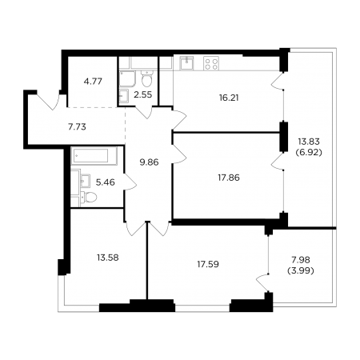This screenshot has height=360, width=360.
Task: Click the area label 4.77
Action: pyautogui.click(x=93, y=82)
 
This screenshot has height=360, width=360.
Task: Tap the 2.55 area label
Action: pyautogui.click(x=143, y=94)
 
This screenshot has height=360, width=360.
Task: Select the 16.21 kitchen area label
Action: pyautogui.click(x=229, y=98)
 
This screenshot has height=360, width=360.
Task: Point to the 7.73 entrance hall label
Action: pyautogui.click(x=77, y=127)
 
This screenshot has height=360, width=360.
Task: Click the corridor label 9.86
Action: pyautogui.click(x=149, y=162)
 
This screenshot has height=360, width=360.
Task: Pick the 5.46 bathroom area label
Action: pyautogui.click(x=106, y=182)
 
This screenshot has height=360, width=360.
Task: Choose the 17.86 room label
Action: pyautogui.click(x=229, y=178)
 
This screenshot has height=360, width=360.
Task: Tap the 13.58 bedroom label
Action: pyautogui.click(x=108, y=258)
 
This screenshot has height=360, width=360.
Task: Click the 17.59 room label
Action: pyautogui.click(x=208, y=264)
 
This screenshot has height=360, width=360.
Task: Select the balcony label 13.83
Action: pyautogui.click(x=309, y=142)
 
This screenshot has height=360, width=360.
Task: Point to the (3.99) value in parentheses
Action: pyautogui.click(x=301, y=271)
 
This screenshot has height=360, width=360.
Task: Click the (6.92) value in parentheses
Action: pyautogui.click(x=309, y=153)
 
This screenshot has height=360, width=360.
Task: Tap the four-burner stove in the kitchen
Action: pyautogui.click(x=211, y=63)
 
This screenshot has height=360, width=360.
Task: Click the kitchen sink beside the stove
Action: pyautogui.click(x=186, y=63)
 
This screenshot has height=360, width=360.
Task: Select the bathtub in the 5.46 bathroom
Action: pyautogui.click(x=94, y=156)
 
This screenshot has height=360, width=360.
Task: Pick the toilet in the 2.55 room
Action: pyautogui.click(x=146, y=78)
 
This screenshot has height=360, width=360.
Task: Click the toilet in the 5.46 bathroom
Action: pyautogui.click(x=89, y=198)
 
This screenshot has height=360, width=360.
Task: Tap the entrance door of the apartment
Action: pyautogui.click(x=48, y=99)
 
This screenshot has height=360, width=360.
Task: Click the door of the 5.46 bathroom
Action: pyautogui.click(x=130, y=182)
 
